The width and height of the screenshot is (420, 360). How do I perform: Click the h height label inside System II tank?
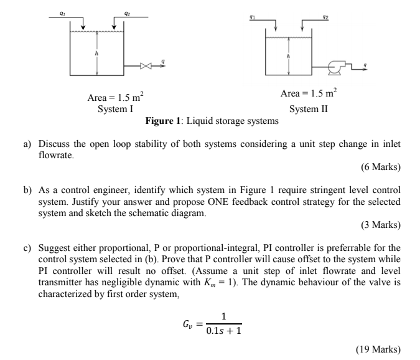(x=287, y=55)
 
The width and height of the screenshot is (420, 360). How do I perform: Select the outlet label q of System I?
(x=163, y=59)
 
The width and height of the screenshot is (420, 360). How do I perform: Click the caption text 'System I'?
(x=116, y=108)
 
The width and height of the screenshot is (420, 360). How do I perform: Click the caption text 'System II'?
(x=309, y=108)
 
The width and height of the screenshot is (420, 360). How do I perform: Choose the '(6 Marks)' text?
(x=380, y=167)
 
